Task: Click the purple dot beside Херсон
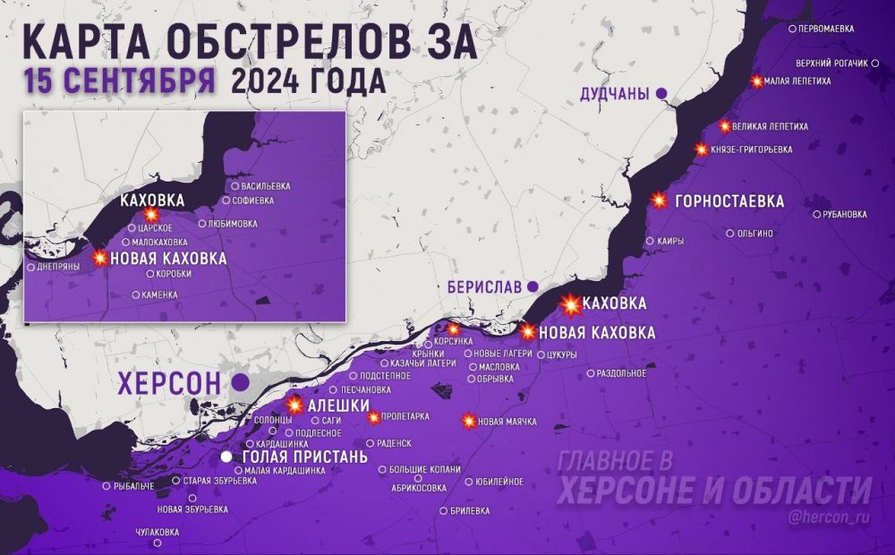pos(240,382)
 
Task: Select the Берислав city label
pos(484,287)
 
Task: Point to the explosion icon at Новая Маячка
pos(468,421)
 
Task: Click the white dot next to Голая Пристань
pos(227,457)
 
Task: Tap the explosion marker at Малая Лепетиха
pos(757,81)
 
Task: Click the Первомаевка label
pos(825,29)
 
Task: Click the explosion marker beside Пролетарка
pos(374,416)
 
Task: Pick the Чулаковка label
pos(157,532)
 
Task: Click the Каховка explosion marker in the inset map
pos(150,216)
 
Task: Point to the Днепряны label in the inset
pos(62,267)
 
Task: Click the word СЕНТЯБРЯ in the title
pos(120,81)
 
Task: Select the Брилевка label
pos(471,511)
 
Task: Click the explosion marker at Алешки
pos(294,405)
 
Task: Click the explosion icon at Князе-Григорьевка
pos(702,149)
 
